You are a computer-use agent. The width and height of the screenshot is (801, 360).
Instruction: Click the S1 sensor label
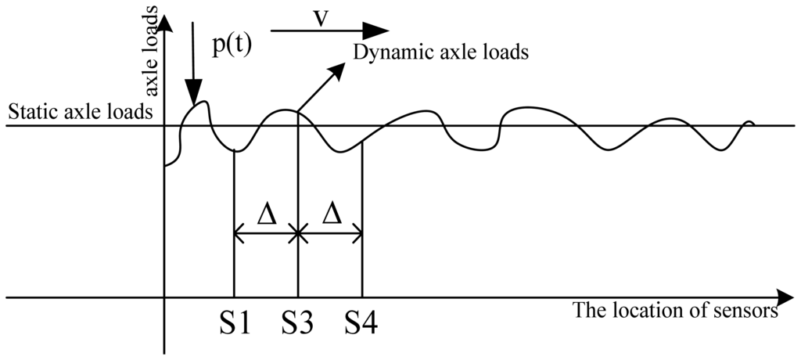(234, 322)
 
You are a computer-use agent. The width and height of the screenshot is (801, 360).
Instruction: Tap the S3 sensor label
(297, 322)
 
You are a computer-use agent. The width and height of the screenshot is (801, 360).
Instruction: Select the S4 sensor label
(361, 322)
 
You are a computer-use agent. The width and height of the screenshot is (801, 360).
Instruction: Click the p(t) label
(232, 45)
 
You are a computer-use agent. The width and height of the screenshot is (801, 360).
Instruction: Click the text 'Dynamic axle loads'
(441, 53)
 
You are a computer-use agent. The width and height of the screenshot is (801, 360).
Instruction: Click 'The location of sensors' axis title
(675, 311)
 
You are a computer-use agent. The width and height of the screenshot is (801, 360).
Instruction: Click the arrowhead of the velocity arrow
(379, 31)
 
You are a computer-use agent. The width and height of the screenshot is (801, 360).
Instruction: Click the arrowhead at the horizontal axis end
(784, 297)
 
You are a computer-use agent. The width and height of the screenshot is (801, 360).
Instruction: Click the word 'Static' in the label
(28, 112)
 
